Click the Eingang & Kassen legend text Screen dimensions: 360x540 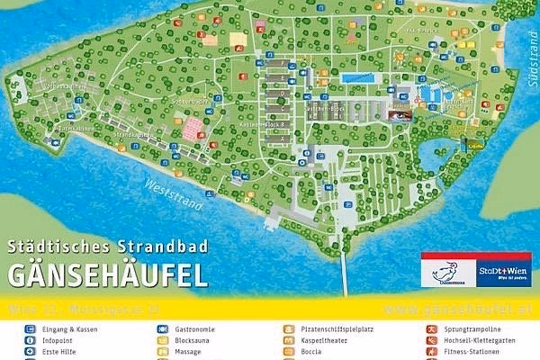[x=69, y=329]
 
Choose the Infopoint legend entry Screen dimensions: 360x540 [x=59, y=341]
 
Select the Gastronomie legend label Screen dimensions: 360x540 [x=197, y=329]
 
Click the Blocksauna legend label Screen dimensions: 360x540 [x=194, y=341]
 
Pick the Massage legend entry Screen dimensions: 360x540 [x=190, y=353]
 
